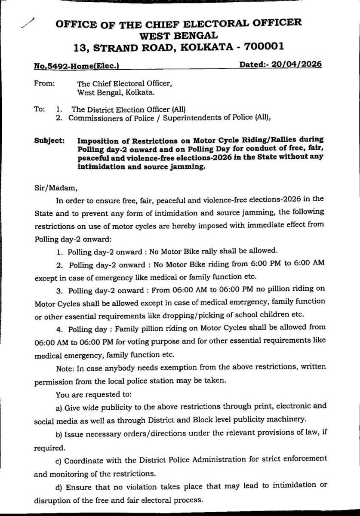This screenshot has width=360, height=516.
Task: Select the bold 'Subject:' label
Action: click(x=49, y=141)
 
